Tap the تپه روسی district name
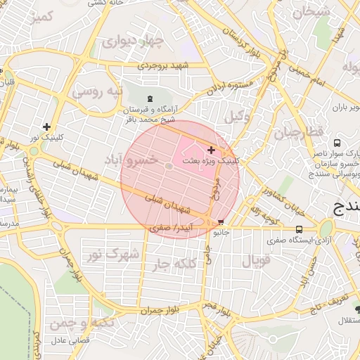tap(98, 91)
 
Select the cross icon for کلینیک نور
tap(46, 127)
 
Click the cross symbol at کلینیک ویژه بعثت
tap(211, 150)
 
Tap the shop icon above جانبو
tap(222, 221)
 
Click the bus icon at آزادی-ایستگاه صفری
tap(300, 229)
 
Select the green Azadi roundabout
tap(326, 229)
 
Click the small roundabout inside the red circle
tap(169, 166)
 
